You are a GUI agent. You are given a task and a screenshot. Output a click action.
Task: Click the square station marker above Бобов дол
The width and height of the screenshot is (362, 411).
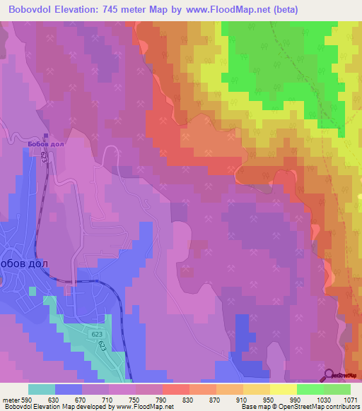[47, 136]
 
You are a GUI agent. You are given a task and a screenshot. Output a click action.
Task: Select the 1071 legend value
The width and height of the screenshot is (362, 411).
[351, 399]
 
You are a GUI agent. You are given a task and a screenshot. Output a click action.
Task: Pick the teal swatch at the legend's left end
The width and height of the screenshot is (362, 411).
[42, 389]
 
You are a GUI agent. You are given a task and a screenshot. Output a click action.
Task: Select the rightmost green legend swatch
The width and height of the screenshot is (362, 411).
[337, 389]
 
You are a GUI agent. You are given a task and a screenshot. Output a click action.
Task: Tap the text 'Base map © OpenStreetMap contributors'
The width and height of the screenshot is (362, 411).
[300, 407]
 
